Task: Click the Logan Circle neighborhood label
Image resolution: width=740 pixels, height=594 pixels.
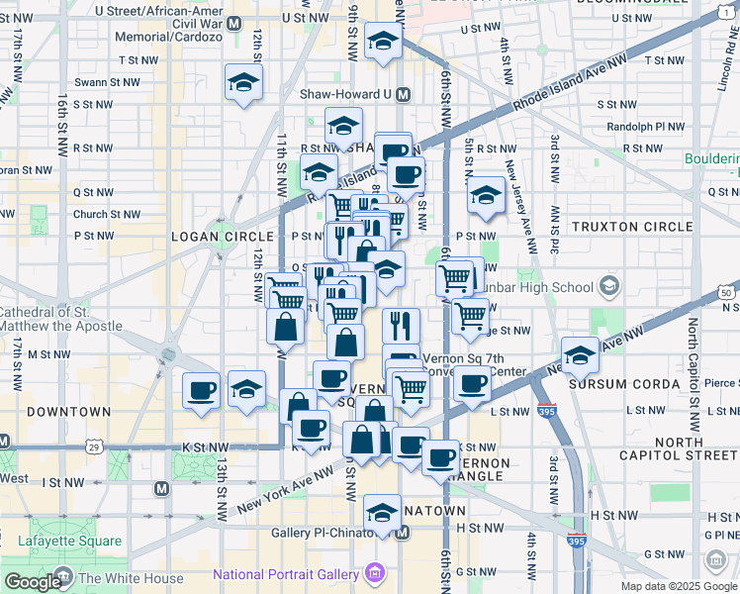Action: point(222,237)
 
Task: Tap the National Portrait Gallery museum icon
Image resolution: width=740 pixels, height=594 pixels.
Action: point(374,572)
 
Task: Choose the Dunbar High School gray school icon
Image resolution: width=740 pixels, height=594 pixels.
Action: point(610,287)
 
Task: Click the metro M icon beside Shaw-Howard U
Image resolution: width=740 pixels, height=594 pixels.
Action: point(403,95)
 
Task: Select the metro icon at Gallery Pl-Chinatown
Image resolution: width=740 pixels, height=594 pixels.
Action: point(403,533)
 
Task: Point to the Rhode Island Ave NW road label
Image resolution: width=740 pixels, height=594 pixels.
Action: point(572,83)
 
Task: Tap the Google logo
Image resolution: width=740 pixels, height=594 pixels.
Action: point(33,581)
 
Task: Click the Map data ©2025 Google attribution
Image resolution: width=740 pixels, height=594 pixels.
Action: point(678,586)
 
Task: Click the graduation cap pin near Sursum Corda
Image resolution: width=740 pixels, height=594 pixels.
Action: point(580,356)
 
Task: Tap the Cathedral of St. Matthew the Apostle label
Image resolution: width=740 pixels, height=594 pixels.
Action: point(61,319)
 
